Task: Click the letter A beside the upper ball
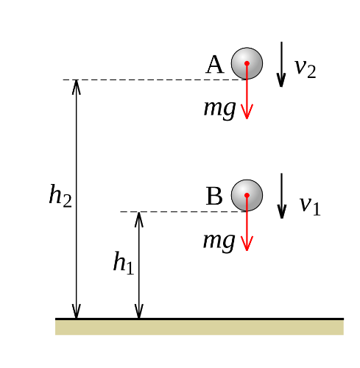[x=215, y=65]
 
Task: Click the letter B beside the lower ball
[x=214, y=196]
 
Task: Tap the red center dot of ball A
[x=247, y=63]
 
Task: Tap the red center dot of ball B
[x=247, y=195]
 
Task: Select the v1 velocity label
[x=310, y=205]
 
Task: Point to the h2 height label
[x=60, y=196]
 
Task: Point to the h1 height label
[x=124, y=262]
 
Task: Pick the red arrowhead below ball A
[x=247, y=112]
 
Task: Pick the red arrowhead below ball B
[x=247, y=244]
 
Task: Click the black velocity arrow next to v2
[x=281, y=64]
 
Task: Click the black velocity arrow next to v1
[x=282, y=196]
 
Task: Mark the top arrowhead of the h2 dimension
[x=77, y=87]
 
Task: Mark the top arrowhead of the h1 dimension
[x=139, y=219]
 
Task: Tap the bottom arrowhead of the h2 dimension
[x=77, y=311]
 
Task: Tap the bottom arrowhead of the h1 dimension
[x=139, y=311]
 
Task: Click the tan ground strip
[x=200, y=328]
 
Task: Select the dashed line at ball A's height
[x=155, y=79]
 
